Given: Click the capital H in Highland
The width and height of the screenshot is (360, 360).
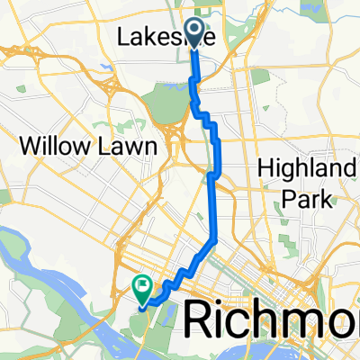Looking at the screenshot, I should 267,166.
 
